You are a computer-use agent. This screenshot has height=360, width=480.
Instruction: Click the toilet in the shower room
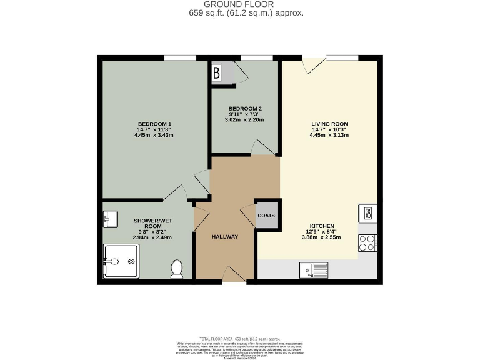point(176,269)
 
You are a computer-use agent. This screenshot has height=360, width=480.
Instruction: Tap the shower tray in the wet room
point(121,261)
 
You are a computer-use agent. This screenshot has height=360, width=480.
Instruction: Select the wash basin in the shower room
point(111,219)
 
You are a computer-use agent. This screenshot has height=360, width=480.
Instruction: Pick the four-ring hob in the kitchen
point(367,243)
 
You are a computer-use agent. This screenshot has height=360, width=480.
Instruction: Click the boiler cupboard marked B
point(217,72)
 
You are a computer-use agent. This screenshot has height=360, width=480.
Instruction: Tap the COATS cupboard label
point(266,215)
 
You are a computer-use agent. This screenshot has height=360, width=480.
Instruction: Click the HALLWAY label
point(224,237)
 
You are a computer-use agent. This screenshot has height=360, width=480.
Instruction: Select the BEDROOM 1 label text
point(154,123)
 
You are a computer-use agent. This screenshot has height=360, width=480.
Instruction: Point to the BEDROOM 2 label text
point(240,107)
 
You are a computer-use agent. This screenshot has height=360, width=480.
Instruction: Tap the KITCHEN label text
point(322,226)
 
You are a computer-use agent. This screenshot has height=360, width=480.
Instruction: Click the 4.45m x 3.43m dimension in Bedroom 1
point(154,135)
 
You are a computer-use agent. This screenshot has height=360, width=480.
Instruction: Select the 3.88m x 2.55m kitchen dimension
point(322,237)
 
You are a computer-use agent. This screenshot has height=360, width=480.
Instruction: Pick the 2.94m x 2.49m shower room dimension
point(152,237)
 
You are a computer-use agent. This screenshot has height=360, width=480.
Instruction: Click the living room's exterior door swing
point(312,65)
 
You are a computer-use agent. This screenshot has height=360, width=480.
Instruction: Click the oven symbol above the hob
point(367,213)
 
